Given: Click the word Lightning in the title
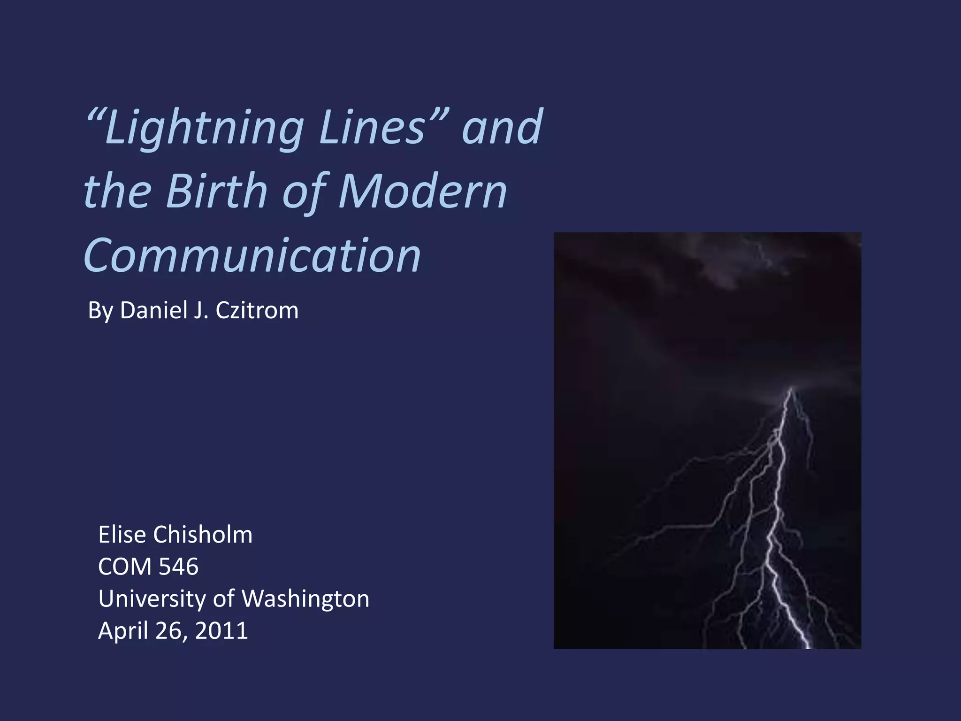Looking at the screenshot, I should (204, 128).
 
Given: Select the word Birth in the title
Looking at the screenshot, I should (216, 191).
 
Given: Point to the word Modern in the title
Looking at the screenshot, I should (422, 191).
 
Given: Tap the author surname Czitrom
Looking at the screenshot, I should (257, 310).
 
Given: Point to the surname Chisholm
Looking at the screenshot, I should (203, 534).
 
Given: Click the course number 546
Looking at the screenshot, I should (179, 566).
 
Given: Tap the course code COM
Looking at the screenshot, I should (125, 566).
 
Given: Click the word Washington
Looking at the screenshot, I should (305, 598).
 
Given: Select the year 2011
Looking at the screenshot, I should (221, 630).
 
